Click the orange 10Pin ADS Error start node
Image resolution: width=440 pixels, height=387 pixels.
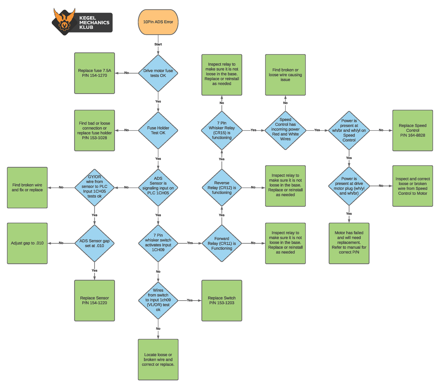coord(158,22)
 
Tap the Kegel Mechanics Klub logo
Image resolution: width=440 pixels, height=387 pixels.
coord(82,22)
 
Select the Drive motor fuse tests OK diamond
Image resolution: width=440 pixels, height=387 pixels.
coord(158,73)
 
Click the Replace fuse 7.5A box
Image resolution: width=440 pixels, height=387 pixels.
coord(94,73)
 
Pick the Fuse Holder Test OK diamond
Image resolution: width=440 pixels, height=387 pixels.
coord(158,130)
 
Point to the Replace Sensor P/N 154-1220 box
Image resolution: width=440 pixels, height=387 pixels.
coord(94,301)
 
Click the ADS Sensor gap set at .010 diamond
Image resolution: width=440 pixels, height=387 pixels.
coord(94,243)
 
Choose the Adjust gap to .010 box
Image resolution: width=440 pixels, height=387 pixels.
coord(27,243)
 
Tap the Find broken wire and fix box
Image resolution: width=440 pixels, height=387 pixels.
coord(27,187)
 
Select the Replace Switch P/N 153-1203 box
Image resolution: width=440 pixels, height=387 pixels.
coord(222,301)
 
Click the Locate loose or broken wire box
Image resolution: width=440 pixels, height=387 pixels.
coord(158,359)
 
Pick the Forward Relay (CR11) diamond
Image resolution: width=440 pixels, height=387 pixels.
coord(222,243)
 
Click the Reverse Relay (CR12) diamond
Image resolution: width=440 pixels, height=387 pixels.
coord(222,187)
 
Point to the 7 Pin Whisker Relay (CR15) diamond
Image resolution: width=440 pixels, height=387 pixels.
coord(222,130)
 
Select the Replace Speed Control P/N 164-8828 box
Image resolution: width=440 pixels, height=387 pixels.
coord(413,130)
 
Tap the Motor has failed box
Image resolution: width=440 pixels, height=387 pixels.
coord(349,243)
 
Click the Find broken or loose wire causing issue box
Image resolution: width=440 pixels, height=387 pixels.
coord(285,75)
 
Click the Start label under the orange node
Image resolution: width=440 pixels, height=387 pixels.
coord(158,45)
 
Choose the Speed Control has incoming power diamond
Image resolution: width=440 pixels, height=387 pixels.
coord(285,130)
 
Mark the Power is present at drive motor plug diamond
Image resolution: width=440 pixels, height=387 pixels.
coord(349,186)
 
